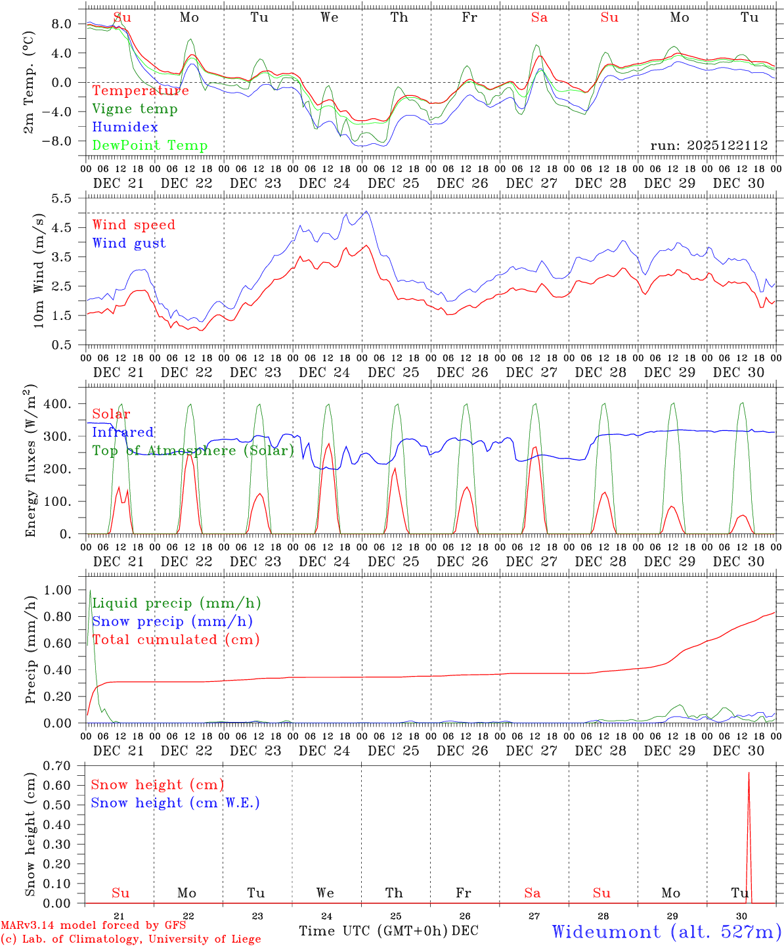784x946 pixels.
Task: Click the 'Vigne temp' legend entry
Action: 135,109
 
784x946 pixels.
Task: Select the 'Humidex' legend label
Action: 125,127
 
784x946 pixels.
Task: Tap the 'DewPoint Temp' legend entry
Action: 150,146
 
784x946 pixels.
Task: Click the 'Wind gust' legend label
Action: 129,243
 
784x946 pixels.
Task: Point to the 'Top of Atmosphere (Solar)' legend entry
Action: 192,451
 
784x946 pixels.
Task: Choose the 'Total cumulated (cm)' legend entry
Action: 175,639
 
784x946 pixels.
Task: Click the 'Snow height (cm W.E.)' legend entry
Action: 175,803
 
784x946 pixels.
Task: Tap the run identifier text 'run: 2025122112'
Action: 709,146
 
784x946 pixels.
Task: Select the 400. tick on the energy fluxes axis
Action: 58,403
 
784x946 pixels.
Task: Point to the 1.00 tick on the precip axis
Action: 58,590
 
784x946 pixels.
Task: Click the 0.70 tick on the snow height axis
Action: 58,765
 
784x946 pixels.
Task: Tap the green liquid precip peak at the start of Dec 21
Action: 90,591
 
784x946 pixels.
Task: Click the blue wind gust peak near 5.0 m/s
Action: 366,212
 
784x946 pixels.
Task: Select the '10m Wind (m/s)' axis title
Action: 39,270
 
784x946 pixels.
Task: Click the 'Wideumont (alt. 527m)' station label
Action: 666,932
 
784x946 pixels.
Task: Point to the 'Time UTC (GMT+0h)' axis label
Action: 374,931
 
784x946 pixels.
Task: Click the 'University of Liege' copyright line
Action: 131,939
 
